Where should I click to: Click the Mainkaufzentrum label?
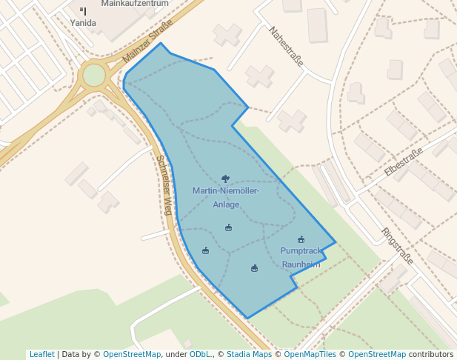pos(135,3)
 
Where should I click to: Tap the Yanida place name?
pos(83,23)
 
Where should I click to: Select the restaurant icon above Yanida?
pos(83,11)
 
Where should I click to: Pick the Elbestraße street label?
pos(404,161)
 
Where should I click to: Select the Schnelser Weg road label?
pos(164,185)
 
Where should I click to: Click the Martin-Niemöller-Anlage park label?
pos(226,197)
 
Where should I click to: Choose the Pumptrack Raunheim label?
pos(301,257)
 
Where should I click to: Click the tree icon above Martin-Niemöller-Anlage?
pos(226,179)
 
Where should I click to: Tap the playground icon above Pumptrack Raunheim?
pos(301,239)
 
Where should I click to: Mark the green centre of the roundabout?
pos(94,75)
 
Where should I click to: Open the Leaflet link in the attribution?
pos(41,354)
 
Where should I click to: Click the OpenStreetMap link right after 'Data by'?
pos(132,354)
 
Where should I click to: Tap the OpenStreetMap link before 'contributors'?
pos(376,354)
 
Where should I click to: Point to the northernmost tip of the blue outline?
pos(161,43)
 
